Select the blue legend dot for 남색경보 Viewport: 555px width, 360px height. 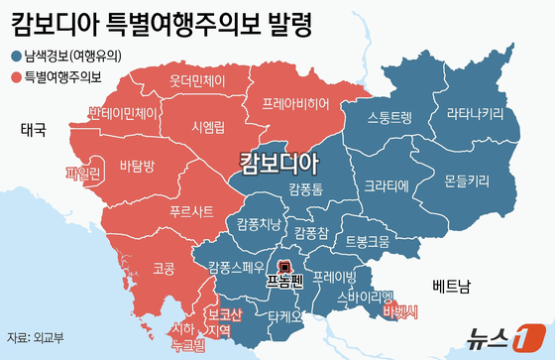(x=17, y=57)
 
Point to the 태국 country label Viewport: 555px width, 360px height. (x=34, y=128)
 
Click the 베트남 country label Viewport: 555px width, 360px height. (x=452, y=287)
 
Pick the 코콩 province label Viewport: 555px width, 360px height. (x=136, y=267)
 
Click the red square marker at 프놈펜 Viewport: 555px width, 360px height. (x=283, y=267)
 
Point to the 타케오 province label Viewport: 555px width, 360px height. (x=276, y=315)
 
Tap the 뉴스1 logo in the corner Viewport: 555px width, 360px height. (x=507, y=337)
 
